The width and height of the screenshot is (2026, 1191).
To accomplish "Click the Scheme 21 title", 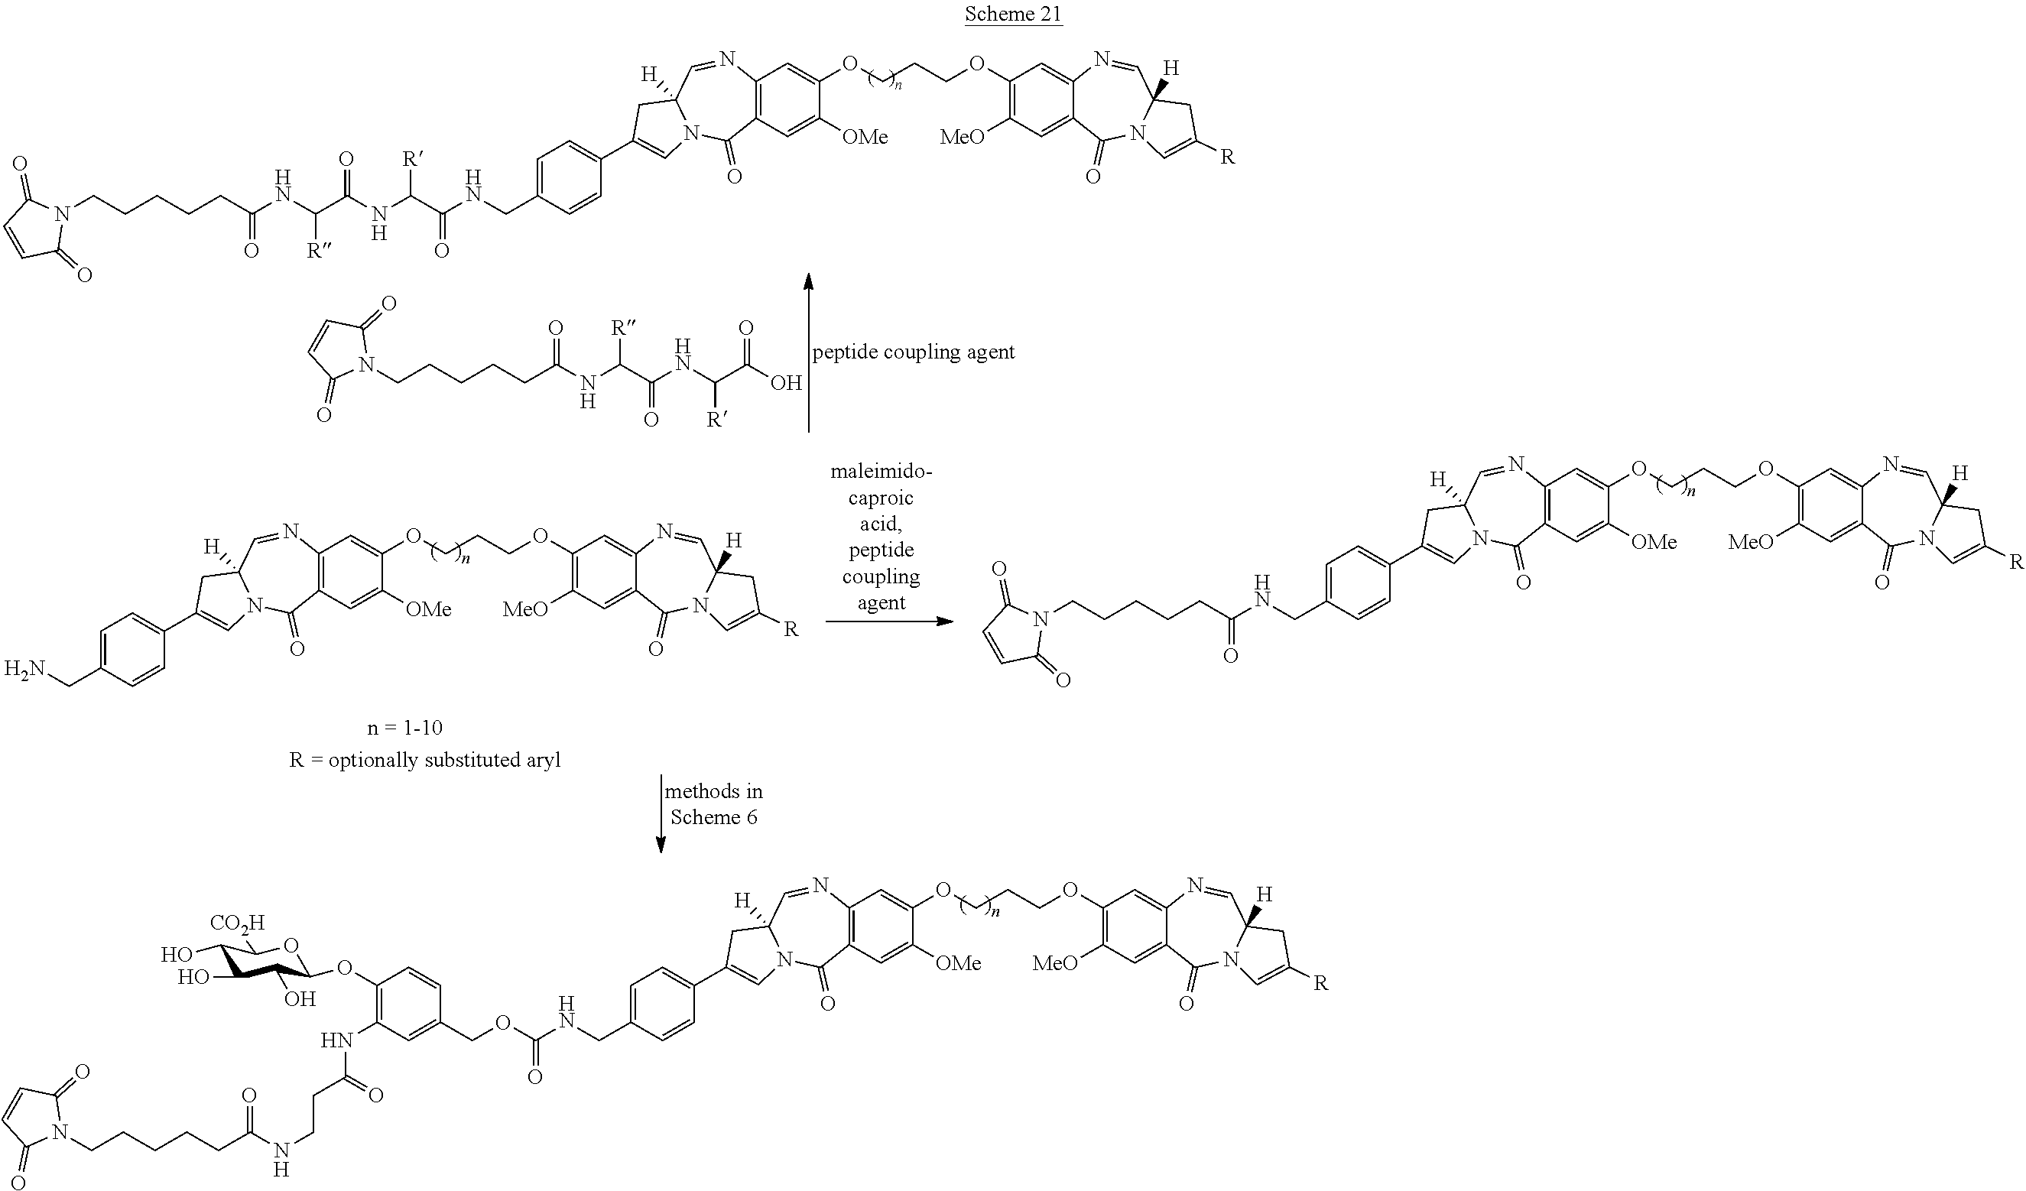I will pyautogui.click(x=1013, y=14).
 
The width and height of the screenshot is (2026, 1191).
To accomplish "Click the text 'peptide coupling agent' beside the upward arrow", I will pyautogui.click(x=914, y=352).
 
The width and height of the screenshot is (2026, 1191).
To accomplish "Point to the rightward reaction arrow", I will pyautogui.click(x=888, y=621).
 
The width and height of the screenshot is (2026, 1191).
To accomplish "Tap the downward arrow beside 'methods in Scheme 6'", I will pyautogui.click(x=661, y=813).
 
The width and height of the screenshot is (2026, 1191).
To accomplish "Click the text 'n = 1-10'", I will pyautogui.click(x=404, y=727).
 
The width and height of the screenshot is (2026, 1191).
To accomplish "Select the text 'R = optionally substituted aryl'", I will pyautogui.click(x=424, y=759).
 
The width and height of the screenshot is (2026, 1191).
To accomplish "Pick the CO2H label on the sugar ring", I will pyautogui.click(x=237, y=923).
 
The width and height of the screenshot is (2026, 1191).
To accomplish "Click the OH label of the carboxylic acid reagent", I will pyautogui.click(x=785, y=382).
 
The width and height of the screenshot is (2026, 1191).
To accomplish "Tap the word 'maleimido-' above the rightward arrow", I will pyautogui.click(x=882, y=471).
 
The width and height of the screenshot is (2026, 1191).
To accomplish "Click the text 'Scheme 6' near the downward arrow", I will pyautogui.click(x=713, y=817).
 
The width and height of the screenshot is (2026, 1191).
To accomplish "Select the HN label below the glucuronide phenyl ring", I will pyautogui.click(x=337, y=1040).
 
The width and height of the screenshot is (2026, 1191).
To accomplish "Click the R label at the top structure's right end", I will pyautogui.click(x=1227, y=157).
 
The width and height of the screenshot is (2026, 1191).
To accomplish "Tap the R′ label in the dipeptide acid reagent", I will pyautogui.click(x=716, y=420).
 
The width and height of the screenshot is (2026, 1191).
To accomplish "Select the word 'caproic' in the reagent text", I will pyautogui.click(x=882, y=498).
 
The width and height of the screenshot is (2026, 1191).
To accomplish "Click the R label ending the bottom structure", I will pyautogui.click(x=1320, y=983).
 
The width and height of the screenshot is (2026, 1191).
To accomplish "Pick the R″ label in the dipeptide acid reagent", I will pyautogui.click(x=625, y=328).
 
